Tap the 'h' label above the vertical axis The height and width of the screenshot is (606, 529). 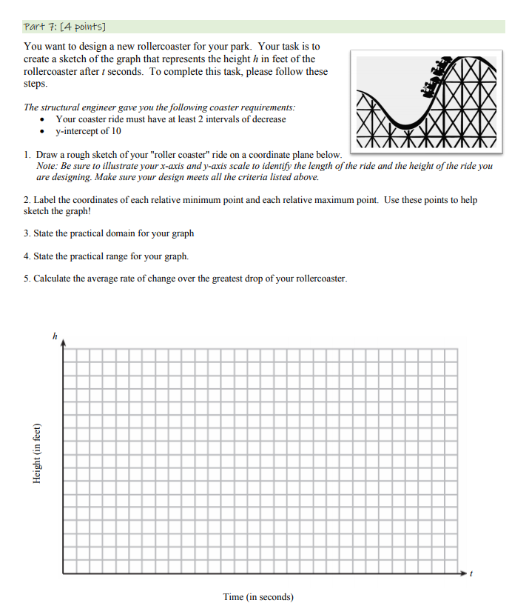click(54, 336)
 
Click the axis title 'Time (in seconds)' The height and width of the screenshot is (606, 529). click(258, 596)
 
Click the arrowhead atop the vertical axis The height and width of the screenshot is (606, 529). click(63, 344)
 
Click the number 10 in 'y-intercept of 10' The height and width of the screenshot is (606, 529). click(116, 131)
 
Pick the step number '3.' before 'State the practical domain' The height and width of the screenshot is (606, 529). click(27, 233)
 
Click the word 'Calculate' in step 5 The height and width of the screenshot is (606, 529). click(52, 279)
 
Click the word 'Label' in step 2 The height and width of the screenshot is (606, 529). click(44, 200)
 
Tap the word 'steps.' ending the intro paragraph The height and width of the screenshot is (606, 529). click(36, 84)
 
